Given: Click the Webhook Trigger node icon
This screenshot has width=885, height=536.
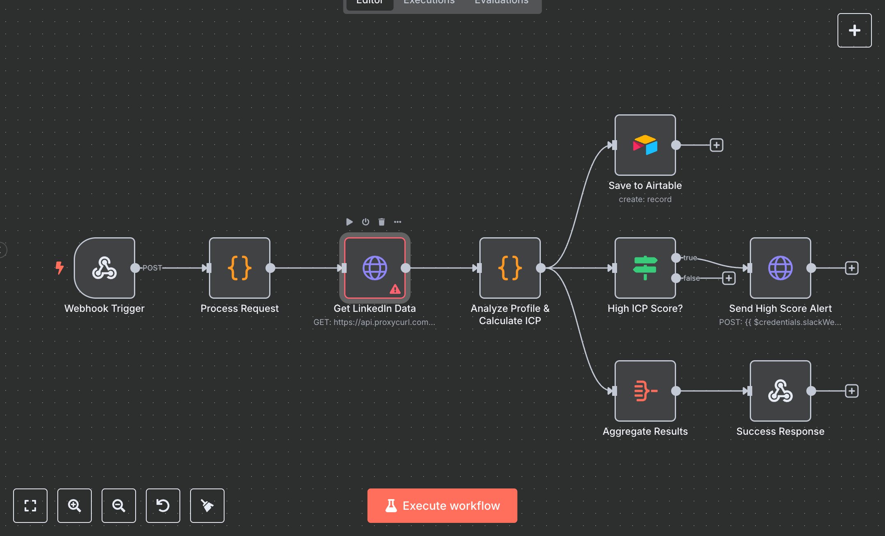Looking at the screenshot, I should [x=104, y=268].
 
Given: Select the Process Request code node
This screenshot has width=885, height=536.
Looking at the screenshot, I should [x=239, y=268].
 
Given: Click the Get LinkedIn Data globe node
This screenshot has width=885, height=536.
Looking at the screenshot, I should [x=374, y=268].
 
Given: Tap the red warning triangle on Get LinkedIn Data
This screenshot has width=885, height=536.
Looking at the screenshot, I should [x=395, y=289].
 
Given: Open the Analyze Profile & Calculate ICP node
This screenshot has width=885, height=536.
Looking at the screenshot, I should [x=510, y=268].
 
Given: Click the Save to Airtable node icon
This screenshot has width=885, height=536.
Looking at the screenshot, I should [x=645, y=145].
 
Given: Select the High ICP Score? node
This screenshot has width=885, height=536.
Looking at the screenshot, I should [x=645, y=268].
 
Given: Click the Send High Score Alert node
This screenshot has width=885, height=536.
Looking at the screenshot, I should [x=780, y=268].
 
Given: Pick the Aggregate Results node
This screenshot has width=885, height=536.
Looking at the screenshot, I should [x=645, y=391].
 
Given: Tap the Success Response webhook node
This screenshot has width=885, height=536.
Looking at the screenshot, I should [x=780, y=391].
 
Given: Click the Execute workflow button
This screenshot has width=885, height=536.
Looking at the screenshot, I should [x=442, y=505].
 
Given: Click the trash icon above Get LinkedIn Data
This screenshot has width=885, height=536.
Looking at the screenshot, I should [x=381, y=222].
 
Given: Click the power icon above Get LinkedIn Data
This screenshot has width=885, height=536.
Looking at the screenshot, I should [x=365, y=222].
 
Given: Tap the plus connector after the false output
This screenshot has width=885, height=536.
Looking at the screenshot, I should [x=728, y=278].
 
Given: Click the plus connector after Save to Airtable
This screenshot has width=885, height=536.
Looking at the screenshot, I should [x=716, y=145].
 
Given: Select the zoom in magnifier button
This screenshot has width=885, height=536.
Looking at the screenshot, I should [x=75, y=505].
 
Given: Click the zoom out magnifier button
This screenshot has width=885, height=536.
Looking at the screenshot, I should [x=119, y=505].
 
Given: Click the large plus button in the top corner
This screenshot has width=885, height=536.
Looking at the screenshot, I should [x=854, y=30].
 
